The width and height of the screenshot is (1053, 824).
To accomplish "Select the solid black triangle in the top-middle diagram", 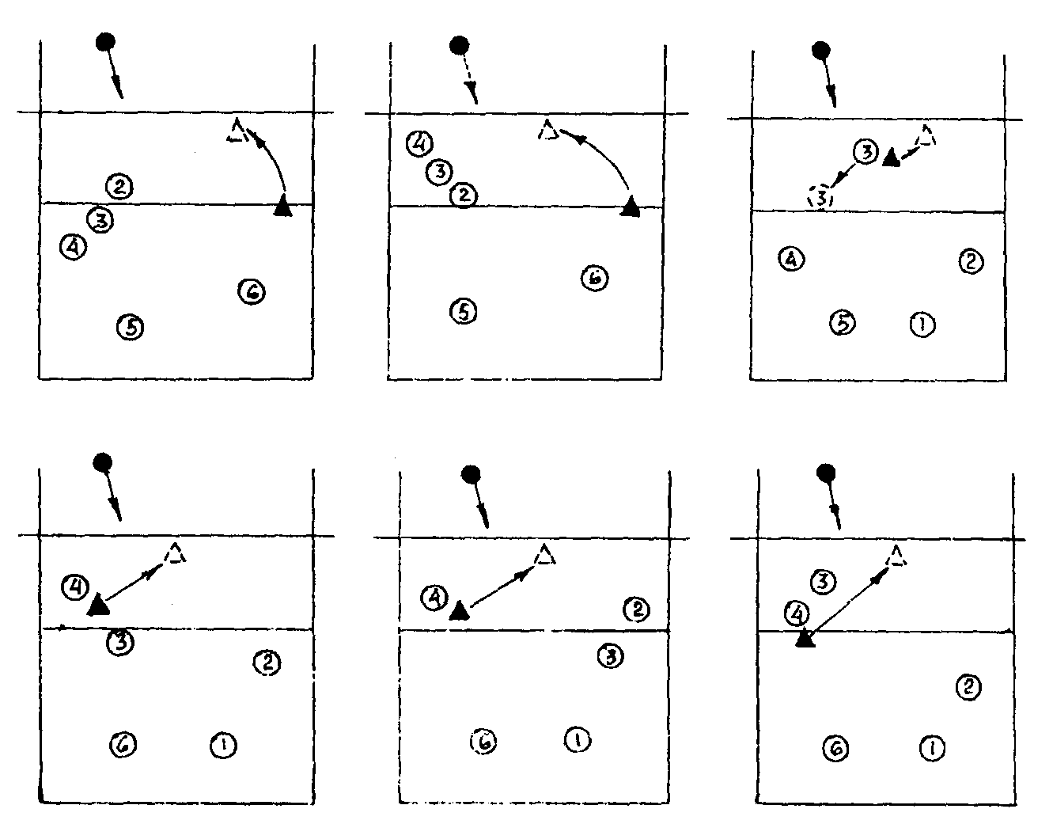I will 630,207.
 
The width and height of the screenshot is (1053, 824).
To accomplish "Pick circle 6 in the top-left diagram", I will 252,291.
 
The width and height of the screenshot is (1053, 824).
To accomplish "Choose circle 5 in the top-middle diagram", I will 464,311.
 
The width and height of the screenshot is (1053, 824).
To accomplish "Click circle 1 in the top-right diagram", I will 922,323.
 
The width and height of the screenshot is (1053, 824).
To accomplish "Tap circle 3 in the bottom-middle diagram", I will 610,655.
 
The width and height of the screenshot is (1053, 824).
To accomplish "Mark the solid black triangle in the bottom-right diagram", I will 805,639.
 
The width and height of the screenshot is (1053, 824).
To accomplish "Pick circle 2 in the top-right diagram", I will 970,260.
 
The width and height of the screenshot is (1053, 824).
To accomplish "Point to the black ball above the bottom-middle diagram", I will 472,474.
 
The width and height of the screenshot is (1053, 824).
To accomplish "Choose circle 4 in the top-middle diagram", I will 420,143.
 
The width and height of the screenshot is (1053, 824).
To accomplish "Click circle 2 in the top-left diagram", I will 119,187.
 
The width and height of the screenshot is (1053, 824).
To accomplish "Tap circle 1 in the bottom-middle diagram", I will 578,739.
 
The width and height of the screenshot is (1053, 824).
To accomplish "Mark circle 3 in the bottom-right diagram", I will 823,582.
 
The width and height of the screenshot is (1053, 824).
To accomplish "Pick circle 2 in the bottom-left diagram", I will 267,662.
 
